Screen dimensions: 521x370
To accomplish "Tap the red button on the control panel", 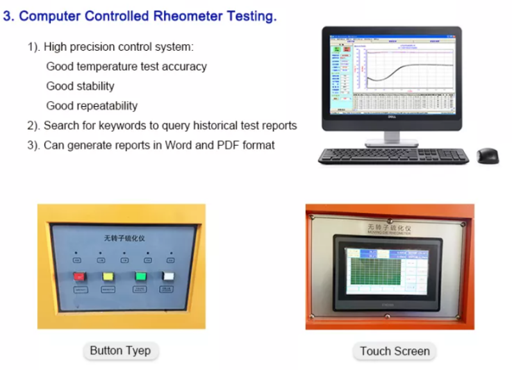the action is [78, 276].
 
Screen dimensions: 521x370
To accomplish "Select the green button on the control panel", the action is [140, 276].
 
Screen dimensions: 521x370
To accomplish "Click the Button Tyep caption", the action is [120, 351].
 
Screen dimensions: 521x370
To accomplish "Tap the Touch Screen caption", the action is [394, 351].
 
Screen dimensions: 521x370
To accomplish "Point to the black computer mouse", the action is [488, 155].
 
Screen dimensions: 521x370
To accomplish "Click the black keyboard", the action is [392, 156].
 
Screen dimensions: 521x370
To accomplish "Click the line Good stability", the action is [80, 86].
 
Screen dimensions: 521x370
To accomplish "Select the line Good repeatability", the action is [92, 106].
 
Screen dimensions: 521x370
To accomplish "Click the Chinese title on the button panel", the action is [124, 238].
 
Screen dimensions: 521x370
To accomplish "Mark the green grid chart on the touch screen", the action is [379, 270].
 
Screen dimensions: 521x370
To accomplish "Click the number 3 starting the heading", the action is [7, 16].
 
